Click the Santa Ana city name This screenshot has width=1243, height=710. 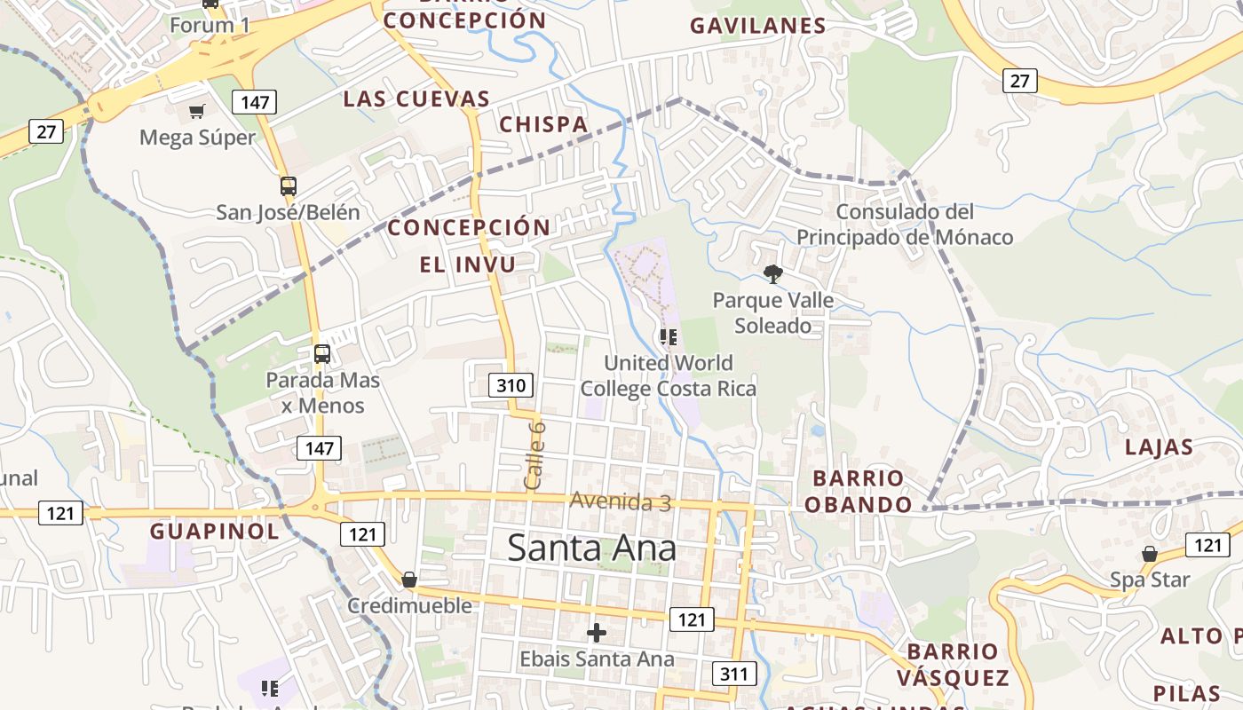tap(591, 548)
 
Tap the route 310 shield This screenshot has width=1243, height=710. tap(511, 385)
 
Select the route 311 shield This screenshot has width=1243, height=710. tap(734, 674)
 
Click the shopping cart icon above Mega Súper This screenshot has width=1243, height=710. tap(196, 111)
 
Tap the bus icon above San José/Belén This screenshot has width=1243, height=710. tap(289, 186)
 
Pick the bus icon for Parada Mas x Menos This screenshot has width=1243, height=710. tap(322, 354)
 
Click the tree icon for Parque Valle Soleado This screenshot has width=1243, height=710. tap(773, 273)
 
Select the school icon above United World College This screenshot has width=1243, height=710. tap(669, 336)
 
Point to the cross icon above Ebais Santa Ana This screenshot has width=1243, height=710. tap(597, 633)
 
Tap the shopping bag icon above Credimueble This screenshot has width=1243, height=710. tap(409, 580)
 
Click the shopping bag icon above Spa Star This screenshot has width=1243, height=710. tap(1150, 554)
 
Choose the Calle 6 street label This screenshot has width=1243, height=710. tap(534, 454)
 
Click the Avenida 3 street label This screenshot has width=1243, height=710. tap(620, 501)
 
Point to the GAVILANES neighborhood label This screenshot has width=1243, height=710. tap(758, 26)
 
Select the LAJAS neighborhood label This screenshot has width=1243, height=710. tap(1159, 446)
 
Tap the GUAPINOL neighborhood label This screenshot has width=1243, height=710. tap(214, 532)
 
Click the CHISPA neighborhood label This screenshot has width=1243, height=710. tap(543, 124)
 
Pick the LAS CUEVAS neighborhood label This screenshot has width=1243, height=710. tap(416, 99)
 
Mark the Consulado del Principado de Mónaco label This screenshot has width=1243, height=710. tap(905, 225)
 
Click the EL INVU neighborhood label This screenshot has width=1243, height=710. tap(468, 264)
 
